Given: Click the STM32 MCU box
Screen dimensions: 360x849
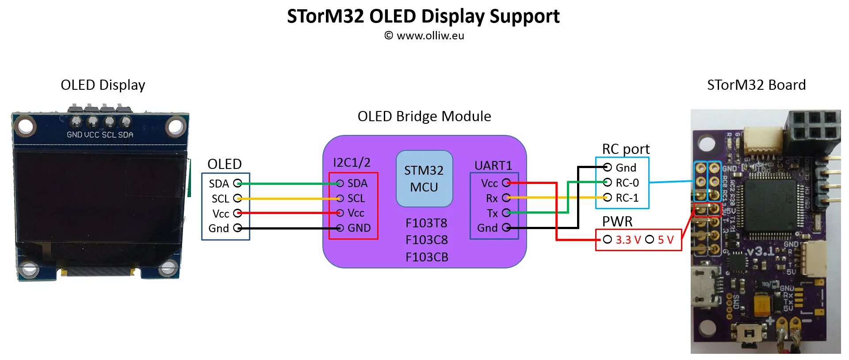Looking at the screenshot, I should (424, 179).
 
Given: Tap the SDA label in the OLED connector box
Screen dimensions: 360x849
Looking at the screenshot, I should (219, 184).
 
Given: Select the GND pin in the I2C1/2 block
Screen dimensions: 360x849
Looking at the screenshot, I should (359, 228).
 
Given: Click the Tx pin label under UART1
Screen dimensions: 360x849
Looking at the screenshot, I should (492, 214).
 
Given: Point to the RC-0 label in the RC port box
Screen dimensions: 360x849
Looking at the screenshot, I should (627, 183).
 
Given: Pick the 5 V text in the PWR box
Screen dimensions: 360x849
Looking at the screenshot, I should (665, 240).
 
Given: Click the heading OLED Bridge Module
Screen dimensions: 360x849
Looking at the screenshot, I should (424, 116).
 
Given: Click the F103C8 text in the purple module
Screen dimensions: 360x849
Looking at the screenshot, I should (426, 240).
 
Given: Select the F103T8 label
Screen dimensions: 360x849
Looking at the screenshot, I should (426, 223).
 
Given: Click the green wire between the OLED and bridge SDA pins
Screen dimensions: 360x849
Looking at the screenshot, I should (287, 184).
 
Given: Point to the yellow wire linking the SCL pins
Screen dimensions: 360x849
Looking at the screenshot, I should (287, 199).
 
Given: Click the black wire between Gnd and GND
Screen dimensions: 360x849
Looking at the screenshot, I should (287, 228).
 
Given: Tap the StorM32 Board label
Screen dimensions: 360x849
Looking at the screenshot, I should (756, 85).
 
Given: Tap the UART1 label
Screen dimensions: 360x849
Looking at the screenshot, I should (493, 165).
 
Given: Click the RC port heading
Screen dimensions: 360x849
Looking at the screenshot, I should (625, 149).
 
